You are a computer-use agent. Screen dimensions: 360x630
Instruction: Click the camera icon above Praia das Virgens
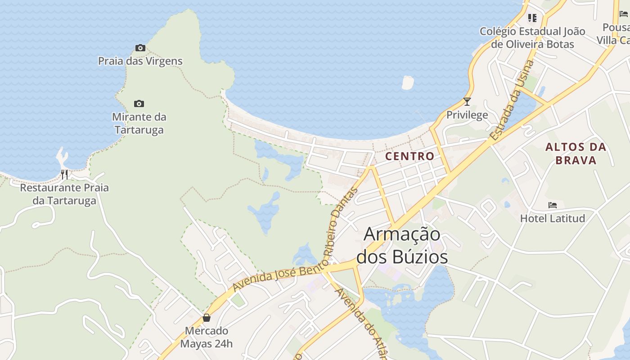click(140, 48)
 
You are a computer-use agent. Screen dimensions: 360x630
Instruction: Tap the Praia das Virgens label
click(140, 61)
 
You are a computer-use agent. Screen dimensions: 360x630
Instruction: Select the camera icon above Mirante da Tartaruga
click(139, 104)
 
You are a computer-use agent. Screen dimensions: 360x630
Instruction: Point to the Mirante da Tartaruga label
click(139, 123)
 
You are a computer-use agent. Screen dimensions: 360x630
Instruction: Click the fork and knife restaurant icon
click(64, 174)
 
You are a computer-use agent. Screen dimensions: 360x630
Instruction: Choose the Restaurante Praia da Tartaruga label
click(64, 194)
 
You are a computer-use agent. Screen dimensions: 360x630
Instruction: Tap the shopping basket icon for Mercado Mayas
click(207, 318)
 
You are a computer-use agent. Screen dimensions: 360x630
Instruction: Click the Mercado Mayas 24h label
click(207, 337)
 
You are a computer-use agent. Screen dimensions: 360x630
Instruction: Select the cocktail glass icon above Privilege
click(467, 102)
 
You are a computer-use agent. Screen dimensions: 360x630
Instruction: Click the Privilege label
click(467, 115)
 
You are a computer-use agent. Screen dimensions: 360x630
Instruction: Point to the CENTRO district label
click(410, 156)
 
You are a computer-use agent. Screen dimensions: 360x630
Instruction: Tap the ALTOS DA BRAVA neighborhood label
click(576, 153)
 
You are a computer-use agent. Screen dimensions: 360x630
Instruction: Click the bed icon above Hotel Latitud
click(553, 205)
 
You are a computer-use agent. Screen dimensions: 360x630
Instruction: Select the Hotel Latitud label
click(553, 219)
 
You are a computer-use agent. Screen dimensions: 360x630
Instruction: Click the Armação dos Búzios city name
click(402, 245)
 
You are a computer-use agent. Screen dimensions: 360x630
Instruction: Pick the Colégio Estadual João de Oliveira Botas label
click(532, 38)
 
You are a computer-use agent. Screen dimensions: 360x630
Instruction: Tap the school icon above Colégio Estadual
click(532, 18)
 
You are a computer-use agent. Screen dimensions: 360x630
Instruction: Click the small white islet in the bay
click(407, 82)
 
